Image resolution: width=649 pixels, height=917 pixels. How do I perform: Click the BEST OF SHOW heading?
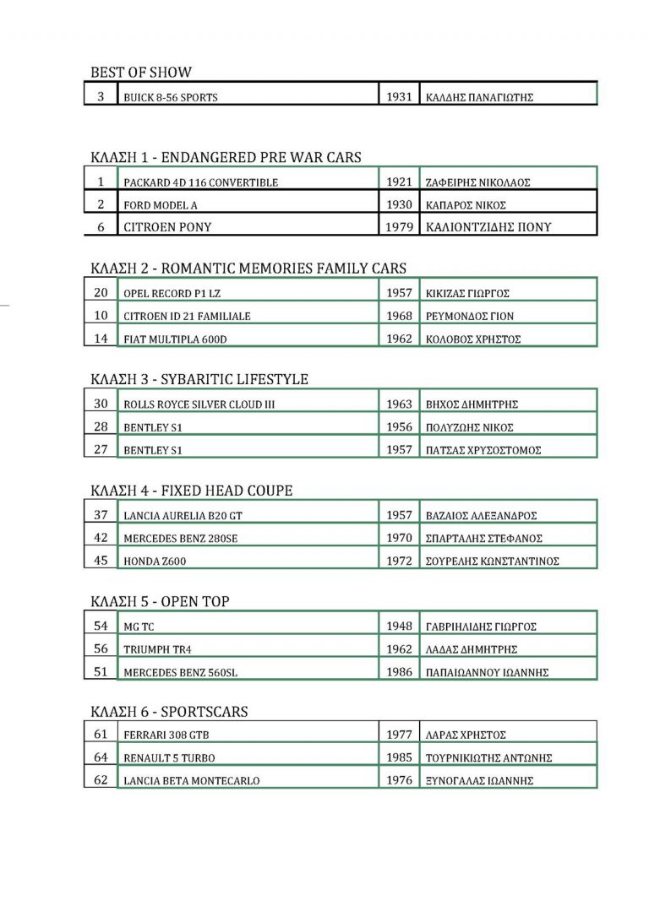(141, 72)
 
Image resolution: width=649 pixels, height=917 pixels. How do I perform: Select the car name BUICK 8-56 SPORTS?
(170, 97)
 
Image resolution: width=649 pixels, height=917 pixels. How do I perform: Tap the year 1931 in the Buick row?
(398, 97)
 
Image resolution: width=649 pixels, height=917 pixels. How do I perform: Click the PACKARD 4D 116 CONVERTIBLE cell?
(200, 182)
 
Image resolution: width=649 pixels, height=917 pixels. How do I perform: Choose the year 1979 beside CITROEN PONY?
(398, 227)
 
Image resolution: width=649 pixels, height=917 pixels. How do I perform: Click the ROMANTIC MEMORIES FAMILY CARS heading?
(283, 269)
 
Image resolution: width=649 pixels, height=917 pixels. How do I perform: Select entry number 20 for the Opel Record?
(101, 293)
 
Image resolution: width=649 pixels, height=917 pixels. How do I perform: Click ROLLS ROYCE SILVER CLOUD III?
(199, 404)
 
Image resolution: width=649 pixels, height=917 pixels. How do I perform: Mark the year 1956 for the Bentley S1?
(398, 427)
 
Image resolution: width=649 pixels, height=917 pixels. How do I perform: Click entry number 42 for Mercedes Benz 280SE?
(101, 538)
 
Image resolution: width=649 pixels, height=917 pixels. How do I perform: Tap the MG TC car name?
(139, 627)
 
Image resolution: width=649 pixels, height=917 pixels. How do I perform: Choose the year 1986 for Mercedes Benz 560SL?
(398, 672)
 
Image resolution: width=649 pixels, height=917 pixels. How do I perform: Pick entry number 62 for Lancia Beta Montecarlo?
(101, 780)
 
